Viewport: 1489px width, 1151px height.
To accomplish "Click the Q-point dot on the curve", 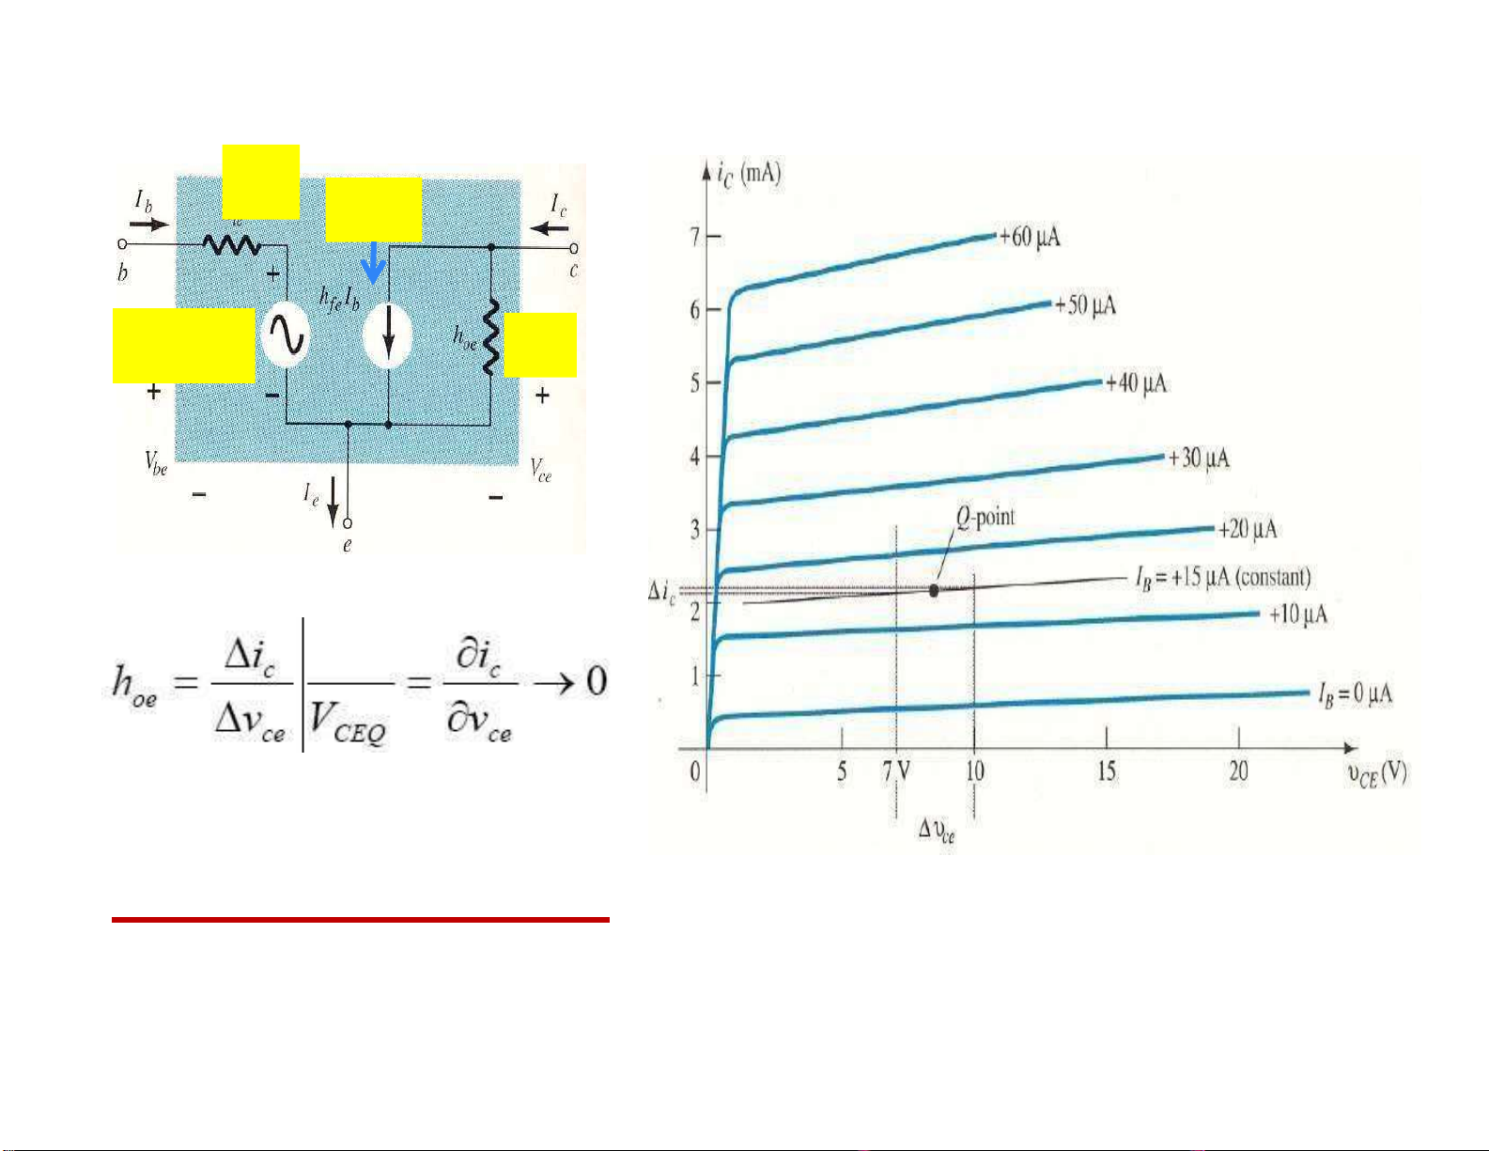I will coord(934,590).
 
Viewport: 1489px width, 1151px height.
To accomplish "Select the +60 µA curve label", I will coord(1030,236).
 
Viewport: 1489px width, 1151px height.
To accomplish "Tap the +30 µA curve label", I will coord(1198,458).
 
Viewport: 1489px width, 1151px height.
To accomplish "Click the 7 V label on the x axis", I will coord(896,772).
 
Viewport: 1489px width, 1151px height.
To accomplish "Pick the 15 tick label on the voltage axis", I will coord(1107,772).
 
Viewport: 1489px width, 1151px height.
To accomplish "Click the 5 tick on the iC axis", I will coord(696,383).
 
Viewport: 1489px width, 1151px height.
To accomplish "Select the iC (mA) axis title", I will coord(748,174).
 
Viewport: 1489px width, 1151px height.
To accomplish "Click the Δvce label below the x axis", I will coord(936,831).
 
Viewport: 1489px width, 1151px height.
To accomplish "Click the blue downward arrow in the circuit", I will coord(374,262).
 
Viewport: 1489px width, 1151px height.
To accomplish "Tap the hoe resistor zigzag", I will coord(489,336).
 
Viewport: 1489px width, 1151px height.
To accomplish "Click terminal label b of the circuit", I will coord(123,273).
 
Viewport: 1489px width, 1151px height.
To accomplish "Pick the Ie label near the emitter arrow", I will coord(311,493).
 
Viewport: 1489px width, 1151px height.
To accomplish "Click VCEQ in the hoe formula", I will coord(348,727).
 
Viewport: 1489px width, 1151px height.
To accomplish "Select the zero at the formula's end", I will coord(597,680).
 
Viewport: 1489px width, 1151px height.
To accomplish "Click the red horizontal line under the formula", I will coord(361,920).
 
